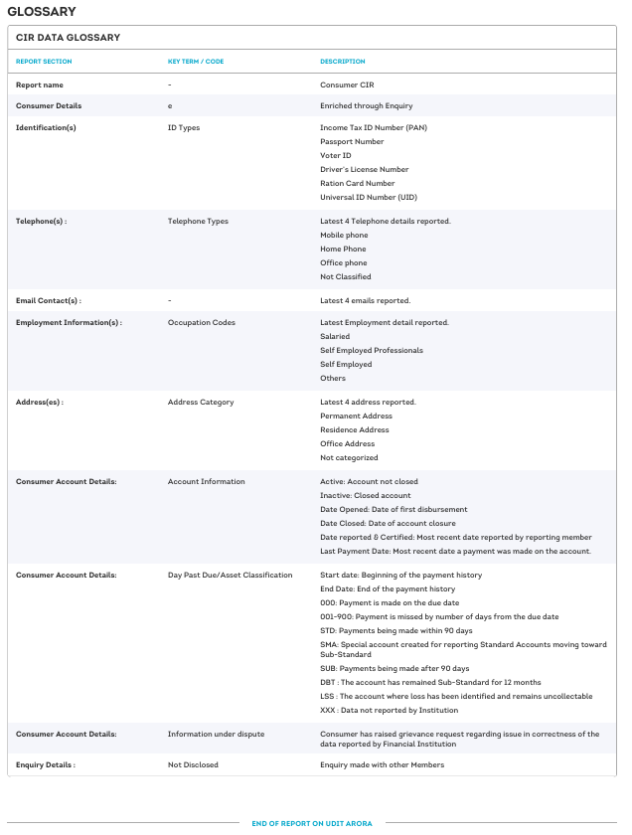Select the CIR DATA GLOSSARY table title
pos(68,38)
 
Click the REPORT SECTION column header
pos(44,62)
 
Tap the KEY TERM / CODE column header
pos(196,62)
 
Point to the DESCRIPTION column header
pos(343,62)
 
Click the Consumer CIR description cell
pos(347,85)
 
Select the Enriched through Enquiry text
pos(366,105)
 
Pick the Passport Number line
pos(352,142)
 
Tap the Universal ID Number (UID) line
pos(367,198)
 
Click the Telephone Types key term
pos(198,222)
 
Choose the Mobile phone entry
pos(344,236)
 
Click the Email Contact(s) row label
pos(49,300)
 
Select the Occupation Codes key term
pos(202,323)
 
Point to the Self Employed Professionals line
pos(372,351)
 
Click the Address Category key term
pos(201,403)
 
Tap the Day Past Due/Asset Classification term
pos(231,576)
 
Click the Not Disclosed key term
pos(193,764)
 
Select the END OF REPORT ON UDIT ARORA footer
pos(318,823)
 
